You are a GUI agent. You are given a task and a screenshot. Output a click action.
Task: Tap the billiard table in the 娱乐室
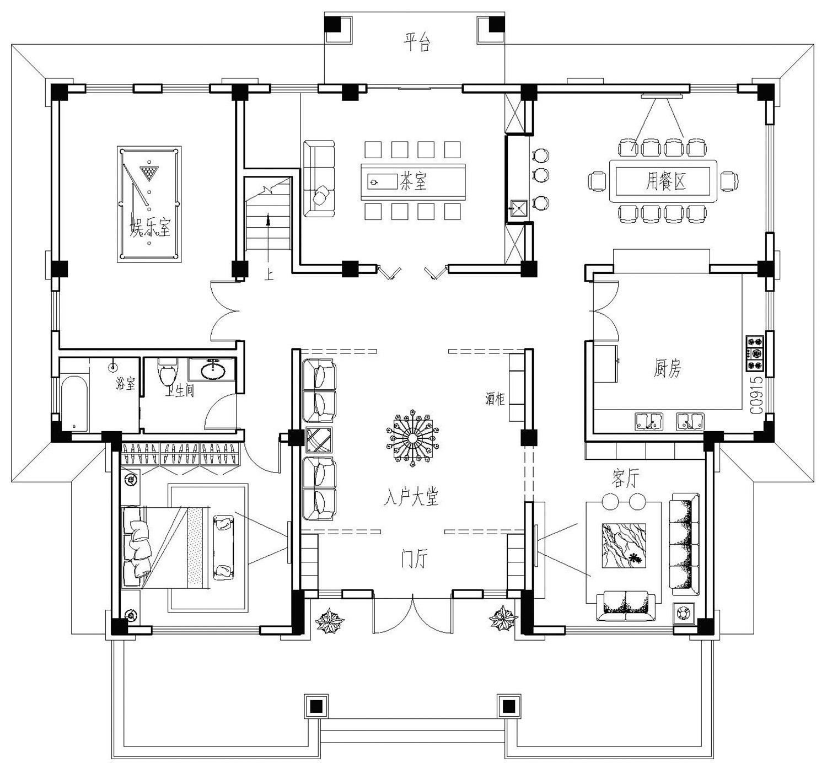click(149, 204)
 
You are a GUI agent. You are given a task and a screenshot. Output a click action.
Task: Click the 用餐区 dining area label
click(665, 181)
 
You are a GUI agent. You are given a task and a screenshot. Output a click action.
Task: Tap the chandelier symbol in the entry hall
click(412, 438)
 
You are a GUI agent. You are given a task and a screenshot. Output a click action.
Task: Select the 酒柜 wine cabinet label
click(495, 398)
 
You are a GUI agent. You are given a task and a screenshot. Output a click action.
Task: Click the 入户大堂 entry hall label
click(411, 497)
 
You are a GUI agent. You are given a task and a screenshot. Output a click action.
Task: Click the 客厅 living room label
click(625, 477)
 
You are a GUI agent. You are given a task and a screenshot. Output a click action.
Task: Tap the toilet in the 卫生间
click(168, 372)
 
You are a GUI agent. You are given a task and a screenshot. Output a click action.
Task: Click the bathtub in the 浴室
click(74, 404)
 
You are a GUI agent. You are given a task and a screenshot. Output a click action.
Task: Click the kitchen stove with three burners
click(755, 353)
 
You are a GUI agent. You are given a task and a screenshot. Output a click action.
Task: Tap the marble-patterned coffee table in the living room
click(624, 545)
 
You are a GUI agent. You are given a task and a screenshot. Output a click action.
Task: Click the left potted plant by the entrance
click(330, 621)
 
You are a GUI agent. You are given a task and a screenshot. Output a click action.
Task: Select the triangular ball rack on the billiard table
click(149, 173)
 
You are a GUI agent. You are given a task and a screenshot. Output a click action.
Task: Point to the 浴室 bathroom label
click(126, 383)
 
